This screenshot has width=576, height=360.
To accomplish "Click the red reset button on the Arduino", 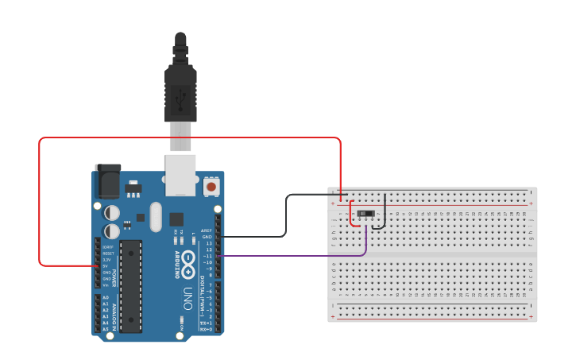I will click(x=211, y=187).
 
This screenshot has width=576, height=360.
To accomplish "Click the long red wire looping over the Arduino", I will click(x=191, y=137).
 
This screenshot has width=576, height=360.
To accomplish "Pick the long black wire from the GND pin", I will click(x=286, y=215).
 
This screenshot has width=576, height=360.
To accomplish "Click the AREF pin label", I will click(x=207, y=230).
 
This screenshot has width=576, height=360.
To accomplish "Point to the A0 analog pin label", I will click(x=106, y=297).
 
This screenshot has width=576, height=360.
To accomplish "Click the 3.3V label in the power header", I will click(x=106, y=260).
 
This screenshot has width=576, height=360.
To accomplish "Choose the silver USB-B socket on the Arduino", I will click(x=180, y=175).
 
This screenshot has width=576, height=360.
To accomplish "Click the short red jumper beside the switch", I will click(x=351, y=215).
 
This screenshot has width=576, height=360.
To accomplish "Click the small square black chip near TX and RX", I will click(x=176, y=219).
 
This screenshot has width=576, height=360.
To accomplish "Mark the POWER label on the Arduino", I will click(x=114, y=278).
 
